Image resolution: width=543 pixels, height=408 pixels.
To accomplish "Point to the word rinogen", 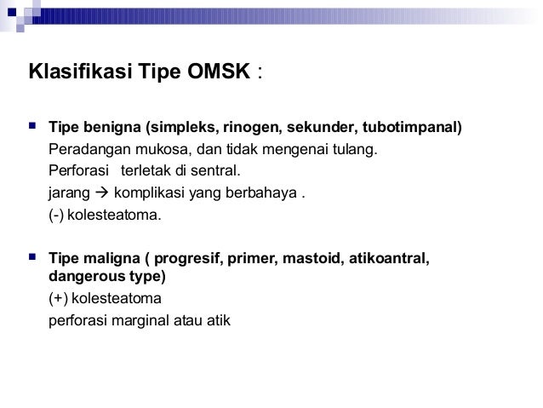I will pos(253,129).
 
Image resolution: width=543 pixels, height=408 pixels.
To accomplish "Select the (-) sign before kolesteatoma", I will pos(56,215).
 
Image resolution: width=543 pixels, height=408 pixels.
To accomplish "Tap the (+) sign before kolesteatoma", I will pos(58,299).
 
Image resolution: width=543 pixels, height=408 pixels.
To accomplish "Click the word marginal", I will pos(133,321).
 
